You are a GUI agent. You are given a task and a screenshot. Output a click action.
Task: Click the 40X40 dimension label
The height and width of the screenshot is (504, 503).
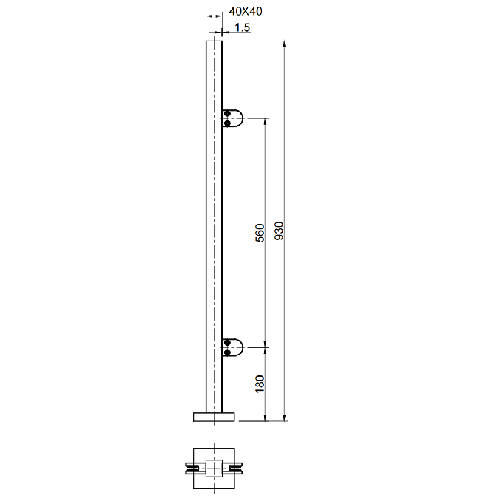[246, 12]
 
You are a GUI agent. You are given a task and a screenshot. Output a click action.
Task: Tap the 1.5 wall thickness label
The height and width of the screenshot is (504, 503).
[243, 27]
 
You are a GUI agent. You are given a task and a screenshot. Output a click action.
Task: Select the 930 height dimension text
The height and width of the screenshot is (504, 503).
[280, 231]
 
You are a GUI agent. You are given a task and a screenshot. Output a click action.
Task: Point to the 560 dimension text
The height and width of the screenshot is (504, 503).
[260, 233]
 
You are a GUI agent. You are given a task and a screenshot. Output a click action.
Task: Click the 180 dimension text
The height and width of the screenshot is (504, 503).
[260, 384]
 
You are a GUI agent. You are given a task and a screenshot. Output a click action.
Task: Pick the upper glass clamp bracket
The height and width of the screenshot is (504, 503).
[232, 118]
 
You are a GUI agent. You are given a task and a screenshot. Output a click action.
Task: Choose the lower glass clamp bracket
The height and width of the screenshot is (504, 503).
[232, 347]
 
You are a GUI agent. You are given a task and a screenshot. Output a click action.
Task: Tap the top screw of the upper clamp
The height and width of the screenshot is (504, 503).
[228, 114]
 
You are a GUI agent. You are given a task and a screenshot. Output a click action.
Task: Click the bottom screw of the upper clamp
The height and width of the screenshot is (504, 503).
[228, 123]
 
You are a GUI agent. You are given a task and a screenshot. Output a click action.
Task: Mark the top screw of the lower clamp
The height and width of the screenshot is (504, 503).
[228, 342]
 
